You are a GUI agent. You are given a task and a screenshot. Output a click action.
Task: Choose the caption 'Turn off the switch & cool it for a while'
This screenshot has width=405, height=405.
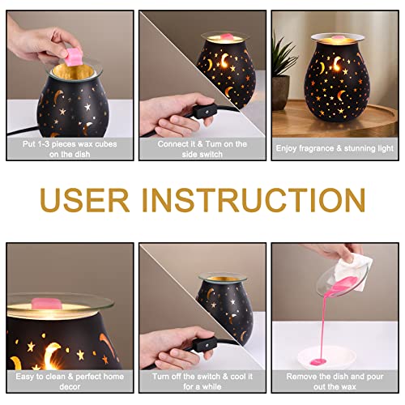pos(202,382)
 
